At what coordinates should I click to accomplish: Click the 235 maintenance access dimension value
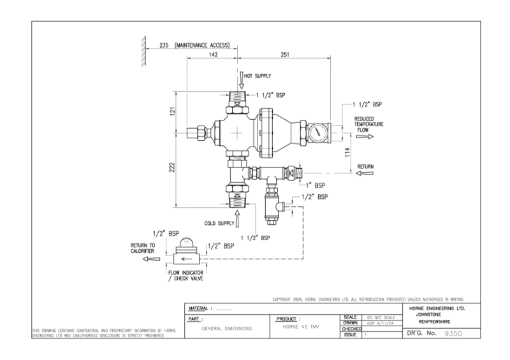(x=164, y=46)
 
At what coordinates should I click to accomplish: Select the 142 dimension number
(x=214, y=55)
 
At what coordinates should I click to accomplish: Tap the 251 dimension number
(x=284, y=55)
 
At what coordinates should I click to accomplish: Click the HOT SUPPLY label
(x=259, y=76)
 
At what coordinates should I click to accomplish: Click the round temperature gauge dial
(x=317, y=133)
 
